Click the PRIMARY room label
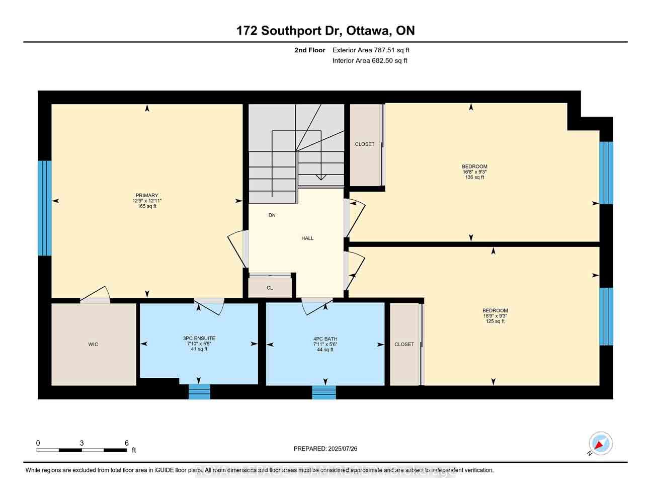[146, 195]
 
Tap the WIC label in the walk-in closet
[93, 345]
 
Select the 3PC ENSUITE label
[199, 339]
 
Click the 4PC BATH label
[325, 339]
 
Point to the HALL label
[307, 238]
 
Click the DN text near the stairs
[272, 215]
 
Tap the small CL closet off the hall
[270, 288]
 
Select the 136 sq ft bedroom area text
[474, 177]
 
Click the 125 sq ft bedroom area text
[495, 321]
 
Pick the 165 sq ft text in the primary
[147, 206]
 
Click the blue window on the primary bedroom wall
[45, 208]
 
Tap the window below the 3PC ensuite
[199, 392]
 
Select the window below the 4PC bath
[324, 392]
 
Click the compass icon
[601, 444]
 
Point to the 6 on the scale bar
[127, 443]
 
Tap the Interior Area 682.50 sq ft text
[370, 61]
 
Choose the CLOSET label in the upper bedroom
[365, 144]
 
